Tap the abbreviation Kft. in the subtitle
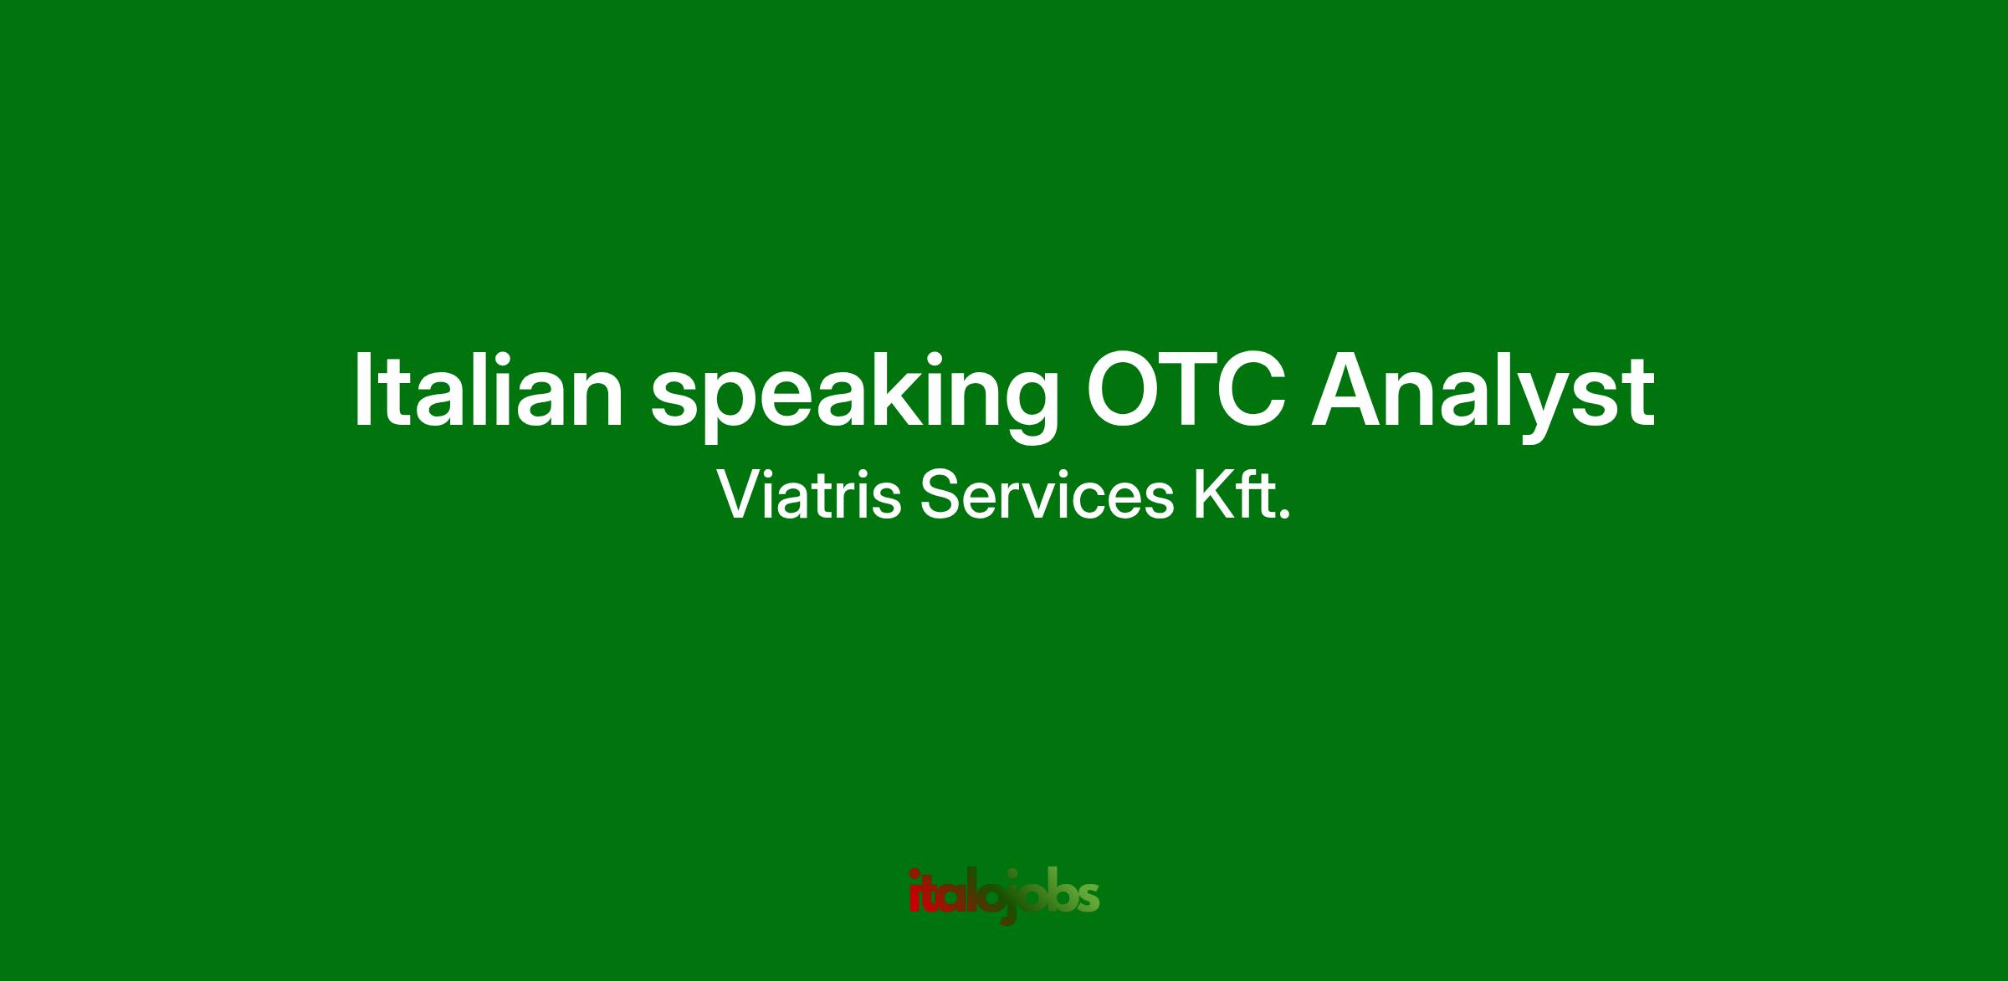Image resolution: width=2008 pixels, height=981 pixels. (x=1242, y=495)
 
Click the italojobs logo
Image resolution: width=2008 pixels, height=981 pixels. (x=1004, y=897)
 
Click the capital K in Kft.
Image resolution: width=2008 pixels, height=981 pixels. (x=1212, y=495)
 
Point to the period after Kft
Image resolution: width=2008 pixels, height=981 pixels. (x=1285, y=514)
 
